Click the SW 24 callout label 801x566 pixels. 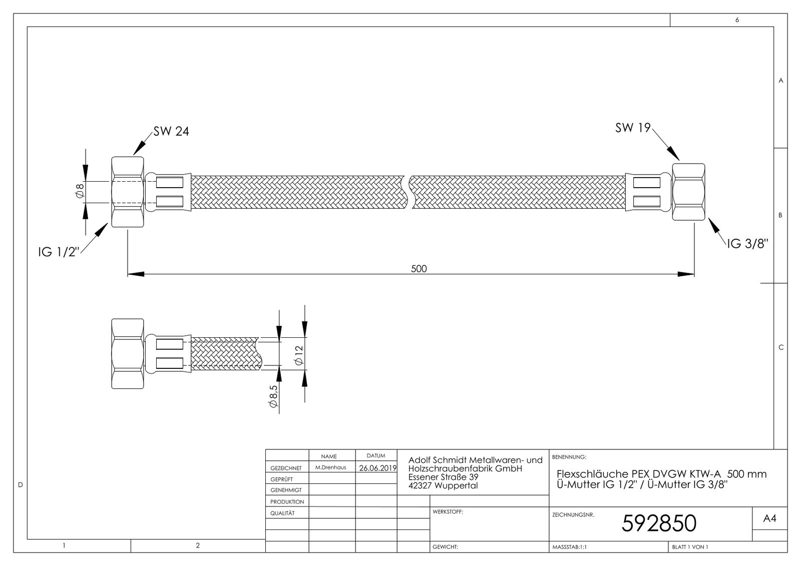point(171,132)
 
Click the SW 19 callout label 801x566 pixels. point(633,128)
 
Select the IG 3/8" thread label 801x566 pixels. point(747,244)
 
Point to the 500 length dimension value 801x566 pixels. point(419,269)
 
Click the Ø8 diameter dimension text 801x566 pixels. point(79,192)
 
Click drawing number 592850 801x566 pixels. point(658,523)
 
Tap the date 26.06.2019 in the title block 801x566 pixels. point(378,468)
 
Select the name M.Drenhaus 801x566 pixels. point(330,467)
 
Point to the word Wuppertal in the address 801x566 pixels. point(456,485)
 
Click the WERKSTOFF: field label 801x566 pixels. point(448,512)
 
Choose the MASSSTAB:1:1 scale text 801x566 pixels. point(569,547)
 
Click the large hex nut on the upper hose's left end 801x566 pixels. point(127,192)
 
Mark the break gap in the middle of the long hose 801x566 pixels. point(408,192)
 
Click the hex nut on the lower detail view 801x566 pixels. point(127,354)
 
